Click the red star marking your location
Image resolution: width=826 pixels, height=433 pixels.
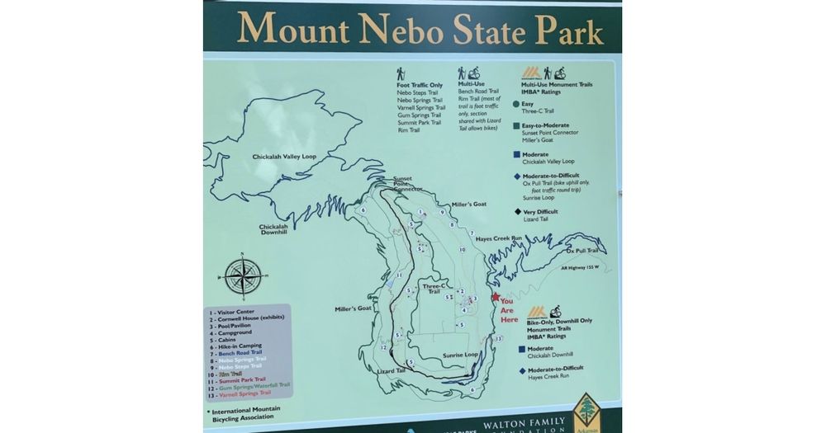point(496,298)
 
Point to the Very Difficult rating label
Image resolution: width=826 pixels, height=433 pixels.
point(543,211)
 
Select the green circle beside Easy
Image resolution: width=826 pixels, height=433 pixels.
point(516,104)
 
